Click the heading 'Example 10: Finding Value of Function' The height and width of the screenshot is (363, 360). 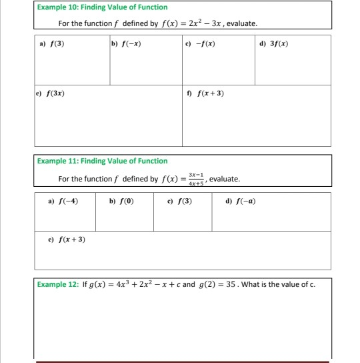tap(102, 7)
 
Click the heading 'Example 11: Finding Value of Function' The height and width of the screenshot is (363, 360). tap(102, 161)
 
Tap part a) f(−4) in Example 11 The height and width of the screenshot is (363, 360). tap(64, 201)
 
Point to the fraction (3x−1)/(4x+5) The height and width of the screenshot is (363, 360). tap(196, 179)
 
